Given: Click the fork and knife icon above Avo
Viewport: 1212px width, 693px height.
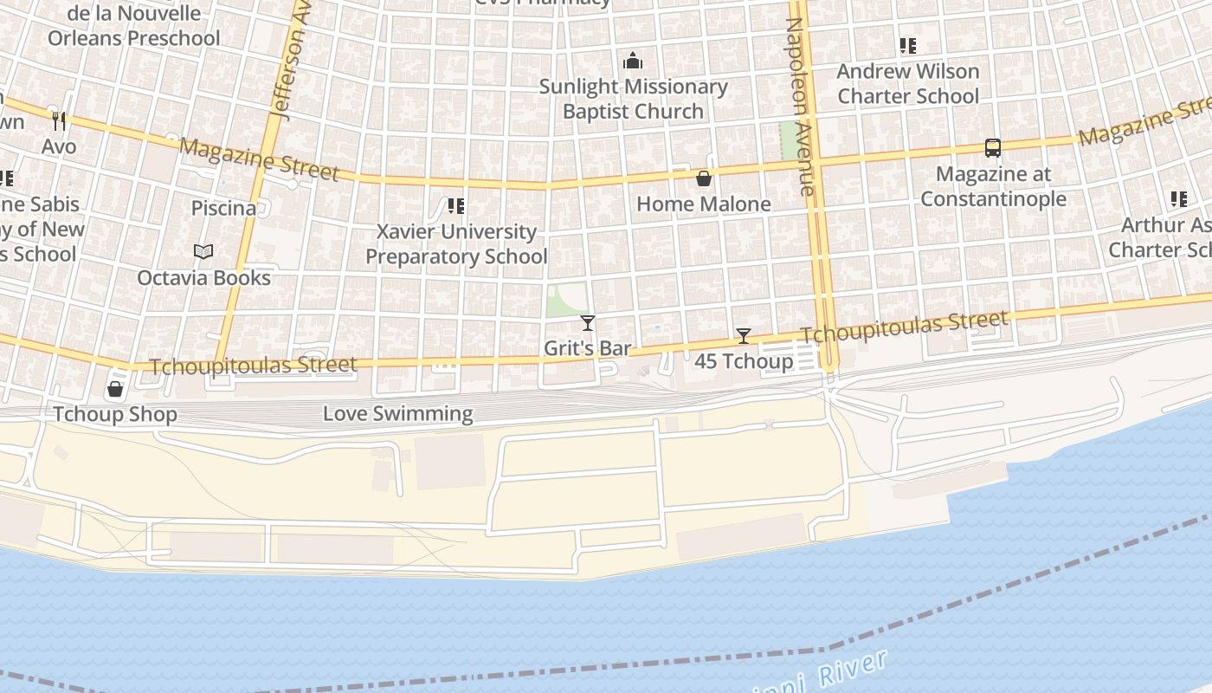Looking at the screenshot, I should (x=59, y=120).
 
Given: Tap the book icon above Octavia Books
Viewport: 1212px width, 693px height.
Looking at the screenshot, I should (x=203, y=252).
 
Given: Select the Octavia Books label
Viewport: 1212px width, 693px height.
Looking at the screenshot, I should (x=203, y=278).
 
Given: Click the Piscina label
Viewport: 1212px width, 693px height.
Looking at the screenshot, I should (x=223, y=208).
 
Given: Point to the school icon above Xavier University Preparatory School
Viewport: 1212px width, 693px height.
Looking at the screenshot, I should (x=456, y=206).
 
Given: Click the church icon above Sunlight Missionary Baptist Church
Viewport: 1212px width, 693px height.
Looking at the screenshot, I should (x=633, y=61).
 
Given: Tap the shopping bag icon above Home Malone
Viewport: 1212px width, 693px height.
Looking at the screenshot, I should (x=704, y=178).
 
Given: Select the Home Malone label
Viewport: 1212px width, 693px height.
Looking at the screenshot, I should (x=703, y=204).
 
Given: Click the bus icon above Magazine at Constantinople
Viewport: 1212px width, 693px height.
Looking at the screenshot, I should (x=993, y=148).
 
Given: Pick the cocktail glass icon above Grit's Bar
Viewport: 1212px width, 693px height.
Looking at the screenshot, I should (x=588, y=323).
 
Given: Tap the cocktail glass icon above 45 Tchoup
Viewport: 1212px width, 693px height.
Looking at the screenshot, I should (x=743, y=336).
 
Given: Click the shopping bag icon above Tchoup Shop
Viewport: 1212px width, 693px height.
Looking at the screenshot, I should (x=115, y=389).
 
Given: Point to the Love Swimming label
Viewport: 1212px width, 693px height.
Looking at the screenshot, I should (x=397, y=414).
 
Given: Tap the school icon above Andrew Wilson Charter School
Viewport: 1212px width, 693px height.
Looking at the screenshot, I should (x=907, y=46).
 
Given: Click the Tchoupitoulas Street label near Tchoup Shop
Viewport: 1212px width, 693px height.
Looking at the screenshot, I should (x=254, y=366).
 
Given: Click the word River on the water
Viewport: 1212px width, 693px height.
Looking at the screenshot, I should (x=854, y=667).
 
